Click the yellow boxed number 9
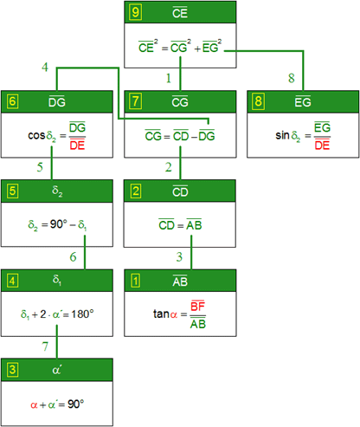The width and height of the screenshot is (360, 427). pos(135,12)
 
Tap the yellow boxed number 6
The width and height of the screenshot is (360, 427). pos(12,101)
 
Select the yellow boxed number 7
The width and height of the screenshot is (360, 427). pos(135,101)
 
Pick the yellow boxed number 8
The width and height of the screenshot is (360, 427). pos(258,101)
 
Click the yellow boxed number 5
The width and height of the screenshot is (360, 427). pos(12,191)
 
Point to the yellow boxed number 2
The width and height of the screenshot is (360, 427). pos(135,191)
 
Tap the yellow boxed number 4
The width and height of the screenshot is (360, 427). pos(12,281)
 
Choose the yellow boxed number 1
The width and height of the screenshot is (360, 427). pos(135,281)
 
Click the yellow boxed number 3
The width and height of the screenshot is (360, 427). pos(12,370)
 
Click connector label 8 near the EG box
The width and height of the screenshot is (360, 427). pos(292,78)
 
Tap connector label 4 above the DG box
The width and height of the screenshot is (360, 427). pos(45,68)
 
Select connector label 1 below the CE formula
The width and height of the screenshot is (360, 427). pos(169,78)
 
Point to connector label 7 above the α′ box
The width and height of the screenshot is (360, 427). pos(45,346)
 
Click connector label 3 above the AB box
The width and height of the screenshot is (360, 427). pos(179,257)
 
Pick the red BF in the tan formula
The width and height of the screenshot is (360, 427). pos(198,306)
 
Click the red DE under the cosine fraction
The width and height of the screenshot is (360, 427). pos(77,145)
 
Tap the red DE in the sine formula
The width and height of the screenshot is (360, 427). pos(322,145)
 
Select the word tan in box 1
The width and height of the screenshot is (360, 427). pos(161,314)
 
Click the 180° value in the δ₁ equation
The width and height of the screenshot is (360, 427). pos(82,314)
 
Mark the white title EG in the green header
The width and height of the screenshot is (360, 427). pos(303,101)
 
